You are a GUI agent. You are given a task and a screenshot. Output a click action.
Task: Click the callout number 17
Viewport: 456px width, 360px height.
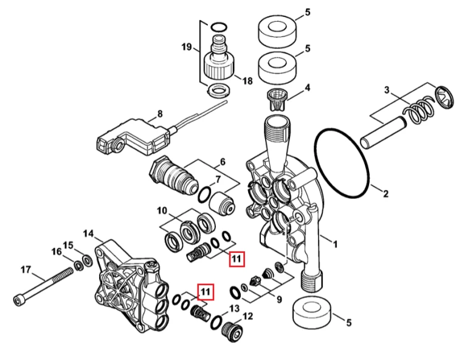26,270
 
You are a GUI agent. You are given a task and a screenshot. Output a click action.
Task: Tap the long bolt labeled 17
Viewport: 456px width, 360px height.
43,286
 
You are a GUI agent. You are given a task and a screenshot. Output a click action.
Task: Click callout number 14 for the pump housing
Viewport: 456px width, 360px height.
88,234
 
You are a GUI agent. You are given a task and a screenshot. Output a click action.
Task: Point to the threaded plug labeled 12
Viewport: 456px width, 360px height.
232,331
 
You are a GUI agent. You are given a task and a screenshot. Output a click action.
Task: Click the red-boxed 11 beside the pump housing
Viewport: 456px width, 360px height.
206,292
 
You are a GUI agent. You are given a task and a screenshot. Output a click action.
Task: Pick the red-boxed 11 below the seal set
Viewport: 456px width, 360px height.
237,259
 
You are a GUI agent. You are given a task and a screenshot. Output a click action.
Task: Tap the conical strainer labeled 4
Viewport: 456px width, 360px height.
277,100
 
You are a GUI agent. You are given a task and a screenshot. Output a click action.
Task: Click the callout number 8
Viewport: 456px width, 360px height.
160,114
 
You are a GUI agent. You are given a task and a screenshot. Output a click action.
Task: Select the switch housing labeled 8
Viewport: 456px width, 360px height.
133,136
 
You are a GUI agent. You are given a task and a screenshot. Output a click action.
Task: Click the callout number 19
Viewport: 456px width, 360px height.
187,47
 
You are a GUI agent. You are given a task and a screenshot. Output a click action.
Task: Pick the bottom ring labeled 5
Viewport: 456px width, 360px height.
313,314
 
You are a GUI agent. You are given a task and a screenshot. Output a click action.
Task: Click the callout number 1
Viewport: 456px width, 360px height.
335,244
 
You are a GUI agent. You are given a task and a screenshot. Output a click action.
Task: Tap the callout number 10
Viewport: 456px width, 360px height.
162,210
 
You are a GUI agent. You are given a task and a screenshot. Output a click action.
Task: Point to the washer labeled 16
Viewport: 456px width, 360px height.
78,266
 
